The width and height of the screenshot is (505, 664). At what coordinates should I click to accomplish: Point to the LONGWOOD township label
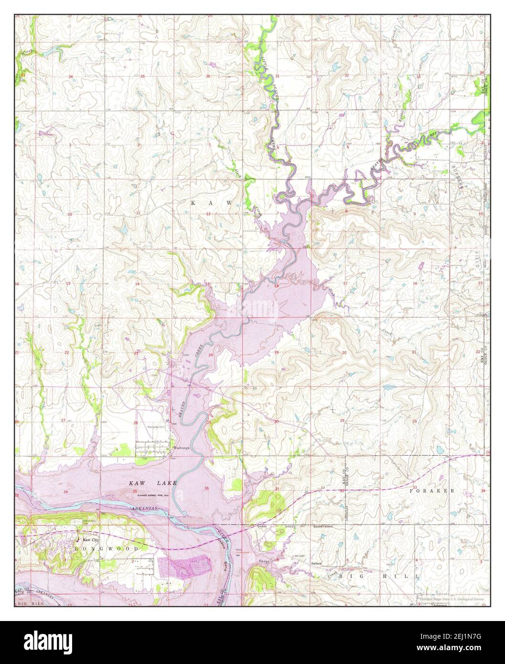click(107, 549)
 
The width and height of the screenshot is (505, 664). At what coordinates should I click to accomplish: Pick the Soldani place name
click(316, 564)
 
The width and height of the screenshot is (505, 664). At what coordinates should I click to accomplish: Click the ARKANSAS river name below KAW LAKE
click(153, 509)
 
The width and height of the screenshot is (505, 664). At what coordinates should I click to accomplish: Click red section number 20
click(344, 353)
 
